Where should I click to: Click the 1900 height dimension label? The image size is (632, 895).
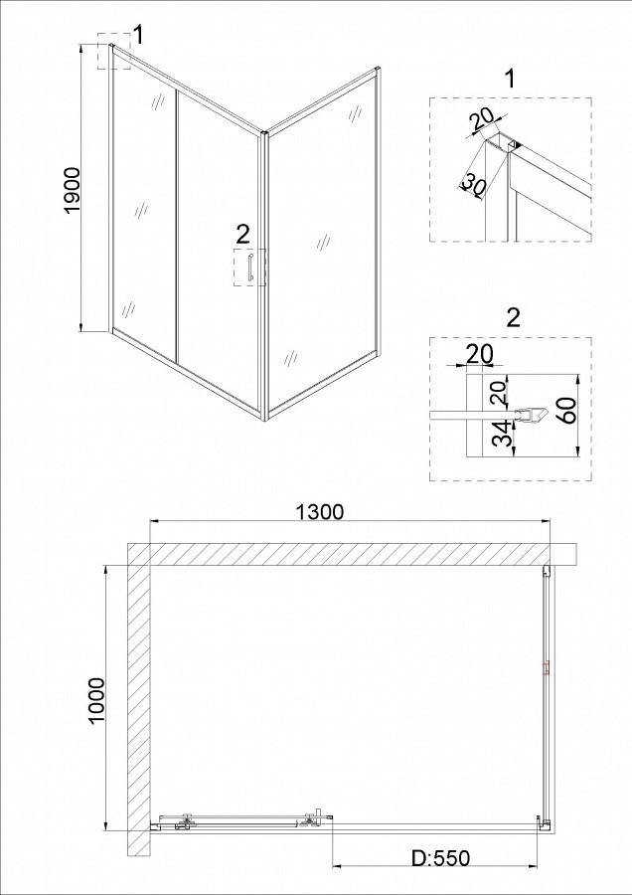coord(73,191)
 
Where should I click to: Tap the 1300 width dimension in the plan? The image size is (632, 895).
coord(320,512)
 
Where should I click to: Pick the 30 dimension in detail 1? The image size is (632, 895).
coord(471,184)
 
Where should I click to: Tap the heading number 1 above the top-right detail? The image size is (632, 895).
coord(510,80)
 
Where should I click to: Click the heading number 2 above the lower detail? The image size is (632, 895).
coord(514,318)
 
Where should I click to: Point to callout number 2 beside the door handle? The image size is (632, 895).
coord(242,234)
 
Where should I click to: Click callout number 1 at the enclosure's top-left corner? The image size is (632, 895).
coord(137,35)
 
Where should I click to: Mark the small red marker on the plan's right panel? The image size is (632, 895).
coord(546,667)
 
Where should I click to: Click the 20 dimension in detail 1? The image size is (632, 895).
coord(479,121)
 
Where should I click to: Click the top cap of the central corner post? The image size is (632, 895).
coord(263,134)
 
